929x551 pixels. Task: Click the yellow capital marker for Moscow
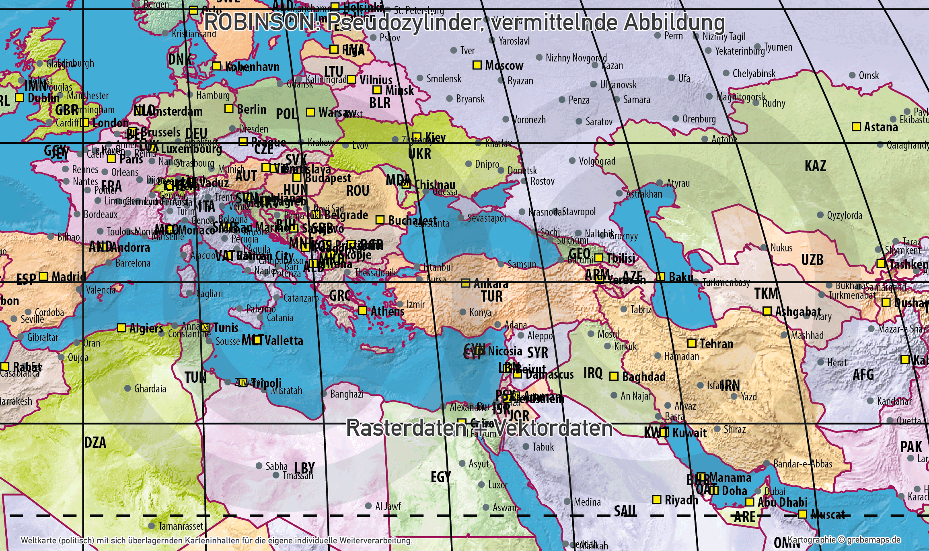click(477, 65)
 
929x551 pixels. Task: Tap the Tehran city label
click(716, 344)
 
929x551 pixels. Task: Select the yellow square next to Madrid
click(43, 276)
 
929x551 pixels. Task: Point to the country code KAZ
click(815, 166)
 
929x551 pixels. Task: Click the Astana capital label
click(881, 127)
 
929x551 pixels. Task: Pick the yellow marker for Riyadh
click(657, 499)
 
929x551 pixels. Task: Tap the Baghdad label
click(643, 377)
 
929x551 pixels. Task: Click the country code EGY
click(441, 477)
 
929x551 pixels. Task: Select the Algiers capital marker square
click(121, 328)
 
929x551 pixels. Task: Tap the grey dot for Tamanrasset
click(152, 526)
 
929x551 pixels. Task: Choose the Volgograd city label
click(597, 161)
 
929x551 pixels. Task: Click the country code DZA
click(95, 443)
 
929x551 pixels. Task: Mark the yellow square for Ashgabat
click(767, 311)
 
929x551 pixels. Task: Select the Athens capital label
click(387, 311)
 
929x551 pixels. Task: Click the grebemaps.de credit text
click(874, 540)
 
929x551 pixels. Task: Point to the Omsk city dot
click(852, 75)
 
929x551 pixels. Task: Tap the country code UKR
click(419, 154)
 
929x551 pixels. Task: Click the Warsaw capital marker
click(310, 112)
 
